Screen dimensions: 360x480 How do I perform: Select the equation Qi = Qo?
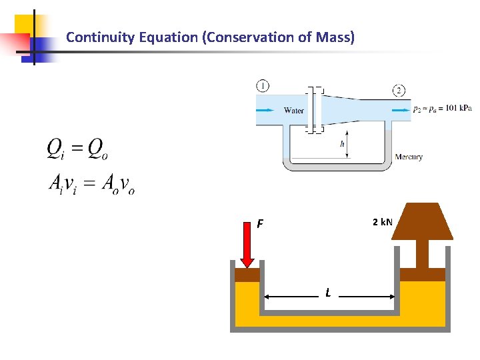click(x=77, y=149)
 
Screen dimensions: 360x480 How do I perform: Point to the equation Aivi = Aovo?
click(x=92, y=184)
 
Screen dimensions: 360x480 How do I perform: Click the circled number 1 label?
click(x=263, y=86)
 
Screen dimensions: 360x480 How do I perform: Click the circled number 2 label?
click(x=399, y=91)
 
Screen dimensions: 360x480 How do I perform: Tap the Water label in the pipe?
click(x=294, y=111)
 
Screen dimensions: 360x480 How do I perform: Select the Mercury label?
click(x=409, y=157)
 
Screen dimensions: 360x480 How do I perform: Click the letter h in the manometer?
click(x=343, y=143)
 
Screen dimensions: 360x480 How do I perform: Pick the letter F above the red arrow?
click(x=260, y=224)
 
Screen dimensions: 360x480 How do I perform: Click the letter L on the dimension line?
click(x=328, y=293)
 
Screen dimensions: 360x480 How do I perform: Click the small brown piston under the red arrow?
click(x=247, y=275)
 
